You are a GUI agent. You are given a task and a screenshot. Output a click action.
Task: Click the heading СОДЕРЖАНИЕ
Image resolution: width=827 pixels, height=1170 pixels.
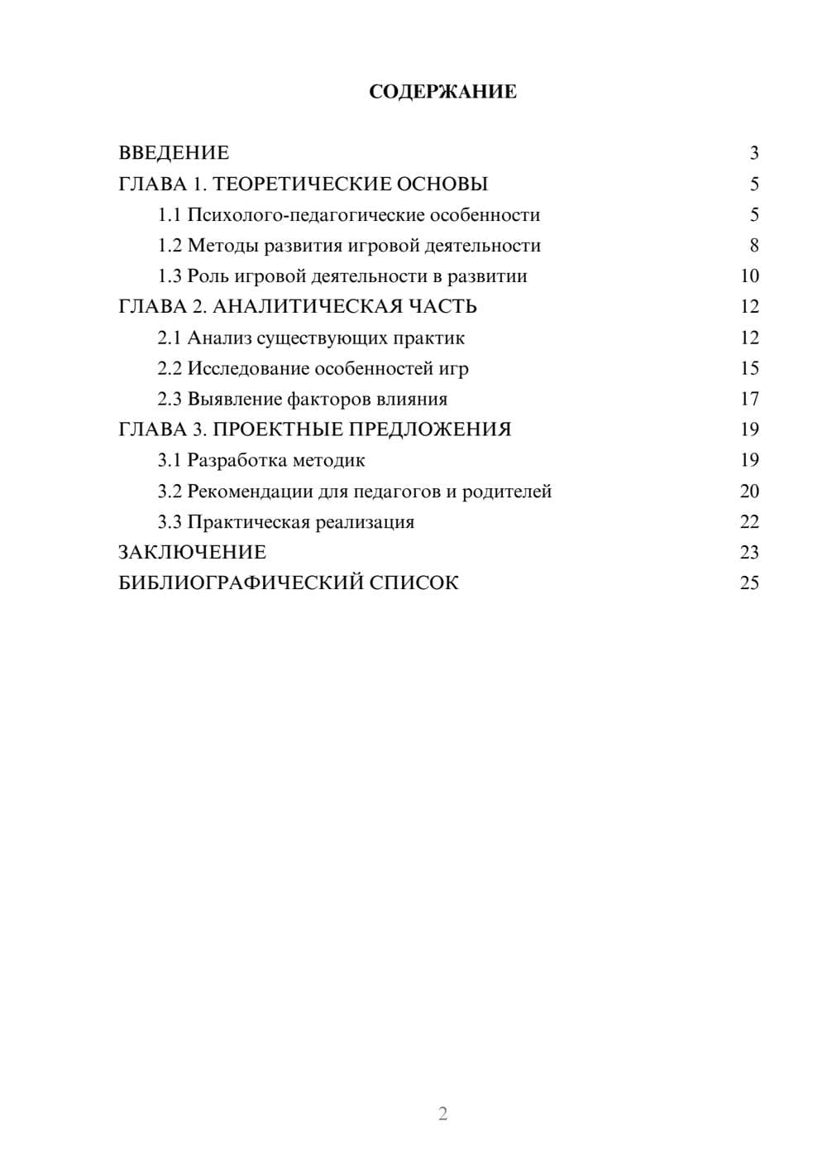point(442,92)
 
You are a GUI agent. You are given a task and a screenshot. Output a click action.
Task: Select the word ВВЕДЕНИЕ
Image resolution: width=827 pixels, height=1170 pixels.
point(174,153)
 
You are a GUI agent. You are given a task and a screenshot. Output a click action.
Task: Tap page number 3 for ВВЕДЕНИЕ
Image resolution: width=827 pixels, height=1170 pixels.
point(753,153)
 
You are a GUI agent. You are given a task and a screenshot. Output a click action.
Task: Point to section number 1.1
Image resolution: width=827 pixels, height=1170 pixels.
point(170,215)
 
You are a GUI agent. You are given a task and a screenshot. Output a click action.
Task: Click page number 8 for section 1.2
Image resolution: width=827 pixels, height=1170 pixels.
point(753,246)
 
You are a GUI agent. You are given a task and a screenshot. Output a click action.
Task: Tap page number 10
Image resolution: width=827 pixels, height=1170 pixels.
point(749,276)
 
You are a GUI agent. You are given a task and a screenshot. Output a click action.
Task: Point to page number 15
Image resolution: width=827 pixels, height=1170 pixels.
point(749,368)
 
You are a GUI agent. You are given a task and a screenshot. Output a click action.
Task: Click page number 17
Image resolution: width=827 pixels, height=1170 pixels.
point(749,399)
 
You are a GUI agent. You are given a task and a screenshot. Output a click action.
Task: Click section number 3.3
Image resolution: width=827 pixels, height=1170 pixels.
point(170,522)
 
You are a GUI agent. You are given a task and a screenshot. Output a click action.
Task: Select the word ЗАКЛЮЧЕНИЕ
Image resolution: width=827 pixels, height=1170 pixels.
point(192,552)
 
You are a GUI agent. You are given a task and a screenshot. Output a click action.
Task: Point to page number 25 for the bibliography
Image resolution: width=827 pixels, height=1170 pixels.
point(749,583)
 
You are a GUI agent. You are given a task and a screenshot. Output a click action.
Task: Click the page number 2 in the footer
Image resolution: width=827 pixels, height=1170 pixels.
point(442,1114)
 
